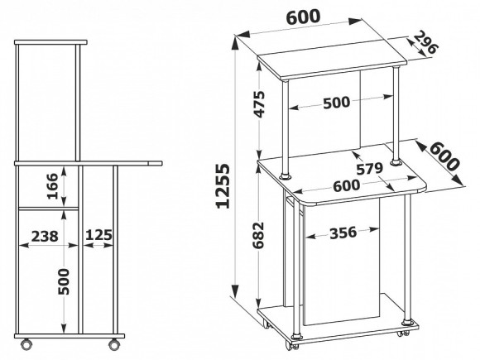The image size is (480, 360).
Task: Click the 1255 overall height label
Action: [x=223, y=186]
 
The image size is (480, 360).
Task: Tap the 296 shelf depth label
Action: [x=426, y=42]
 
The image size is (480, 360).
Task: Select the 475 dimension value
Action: [x=259, y=104]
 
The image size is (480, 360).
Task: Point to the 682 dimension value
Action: [x=259, y=235]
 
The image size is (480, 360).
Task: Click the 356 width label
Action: [x=343, y=233]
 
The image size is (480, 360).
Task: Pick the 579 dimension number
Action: [x=369, y=168]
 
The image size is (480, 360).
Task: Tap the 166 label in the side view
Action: [x=53, y=186]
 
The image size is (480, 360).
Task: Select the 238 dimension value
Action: [x=45, y=237]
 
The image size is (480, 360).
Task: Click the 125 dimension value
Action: [x=98, y=235]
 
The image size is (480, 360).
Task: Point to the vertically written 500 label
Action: [x=64, y=281]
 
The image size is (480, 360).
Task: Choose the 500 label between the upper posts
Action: [x=336, y=103]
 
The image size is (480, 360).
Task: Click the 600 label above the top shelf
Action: [x=303, y=17]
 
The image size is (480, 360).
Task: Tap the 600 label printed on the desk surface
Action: [x=346, y=186]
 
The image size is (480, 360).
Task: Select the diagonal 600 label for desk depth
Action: [x=444, y=156]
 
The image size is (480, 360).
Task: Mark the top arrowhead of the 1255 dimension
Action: [x=235, y=43]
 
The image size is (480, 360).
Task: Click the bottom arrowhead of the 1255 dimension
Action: [x=235, y=290]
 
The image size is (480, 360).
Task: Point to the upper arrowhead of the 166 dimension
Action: [x=64, y=170]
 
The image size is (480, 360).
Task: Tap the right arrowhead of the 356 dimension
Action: [x=374, y=229]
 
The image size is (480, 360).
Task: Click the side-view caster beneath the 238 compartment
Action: [x=26, y=343]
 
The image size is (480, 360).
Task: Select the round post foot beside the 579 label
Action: [x=396, y=162]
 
